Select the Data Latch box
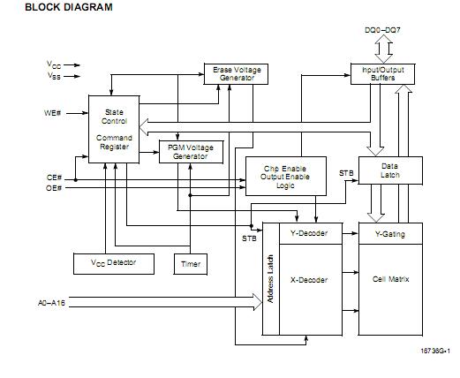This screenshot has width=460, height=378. (x=389, y=170)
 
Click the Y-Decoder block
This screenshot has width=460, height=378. (x=309, y=233)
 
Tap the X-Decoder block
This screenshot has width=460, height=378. (x=309, y=281)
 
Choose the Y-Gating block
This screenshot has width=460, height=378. (x=389, y=233)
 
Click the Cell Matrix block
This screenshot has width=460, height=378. (x=389, y=281)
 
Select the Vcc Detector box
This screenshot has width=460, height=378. (x=112, y=263)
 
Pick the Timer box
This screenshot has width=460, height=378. (x=191, y=263)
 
